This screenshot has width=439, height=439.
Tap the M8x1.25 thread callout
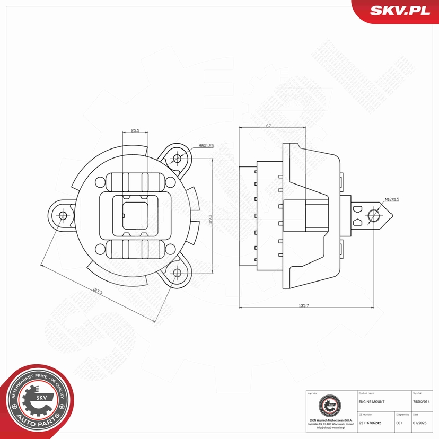pos(206,145)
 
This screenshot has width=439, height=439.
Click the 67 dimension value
pos(269,126)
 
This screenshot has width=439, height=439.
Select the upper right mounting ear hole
pos(177,158)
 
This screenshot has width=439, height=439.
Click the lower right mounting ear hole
pos(177,273)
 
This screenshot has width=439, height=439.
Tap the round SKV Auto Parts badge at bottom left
pos(38,401)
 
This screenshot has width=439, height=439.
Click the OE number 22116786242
pos(370,423)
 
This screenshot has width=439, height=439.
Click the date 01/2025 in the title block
pos(419,423)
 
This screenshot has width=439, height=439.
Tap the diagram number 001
pos(399,423)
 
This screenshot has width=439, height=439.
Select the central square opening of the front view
pos(135,215)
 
